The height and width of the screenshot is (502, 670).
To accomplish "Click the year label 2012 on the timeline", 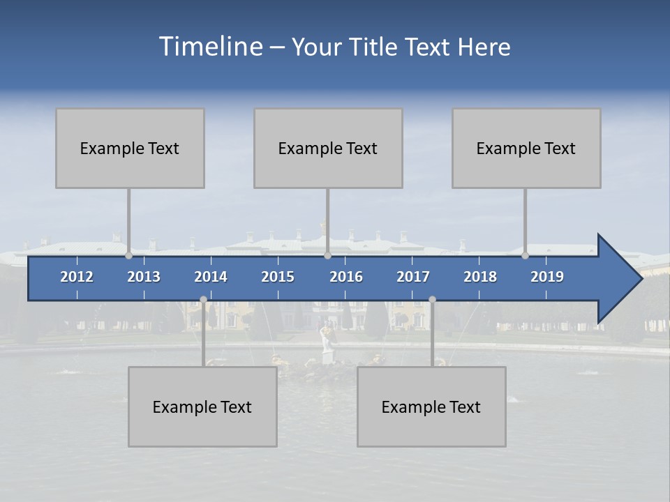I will (x=77, y=277).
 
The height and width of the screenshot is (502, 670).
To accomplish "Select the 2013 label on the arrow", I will (x=144, y=277).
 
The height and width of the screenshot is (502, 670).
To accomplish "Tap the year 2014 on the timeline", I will (x=211, y=277).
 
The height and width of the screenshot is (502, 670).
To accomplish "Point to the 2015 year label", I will (x=278, y=277).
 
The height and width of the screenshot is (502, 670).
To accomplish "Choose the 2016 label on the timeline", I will (x=346, y=277).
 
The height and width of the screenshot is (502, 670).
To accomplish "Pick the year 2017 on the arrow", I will (x=413, y=277).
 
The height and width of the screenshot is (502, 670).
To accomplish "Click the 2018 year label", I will (x=480, y=277).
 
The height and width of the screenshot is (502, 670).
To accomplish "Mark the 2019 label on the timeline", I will (x=547, y=277).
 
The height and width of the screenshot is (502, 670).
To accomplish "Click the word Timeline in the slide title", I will (x=210, y=47).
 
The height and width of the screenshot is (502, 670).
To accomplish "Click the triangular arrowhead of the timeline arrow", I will (x=618, y=279).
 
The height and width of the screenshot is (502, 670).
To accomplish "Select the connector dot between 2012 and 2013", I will (x=128, y=255).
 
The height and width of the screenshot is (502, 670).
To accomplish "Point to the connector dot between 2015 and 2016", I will (x=327, y=255).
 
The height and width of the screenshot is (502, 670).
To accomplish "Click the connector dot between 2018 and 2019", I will (x=525, y=255).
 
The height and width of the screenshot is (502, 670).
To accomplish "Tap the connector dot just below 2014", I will (x=203, y=300).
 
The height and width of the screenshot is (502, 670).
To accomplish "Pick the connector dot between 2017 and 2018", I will (x=432, y=300).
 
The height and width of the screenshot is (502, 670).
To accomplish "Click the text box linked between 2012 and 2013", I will (x=130, y=148).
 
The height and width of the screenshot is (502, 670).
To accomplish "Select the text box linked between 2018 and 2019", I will (x=526, y=148).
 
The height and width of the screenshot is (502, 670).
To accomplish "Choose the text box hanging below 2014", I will (x=202, y=406).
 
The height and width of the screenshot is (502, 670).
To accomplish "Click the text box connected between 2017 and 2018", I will (x=431, y=406).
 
